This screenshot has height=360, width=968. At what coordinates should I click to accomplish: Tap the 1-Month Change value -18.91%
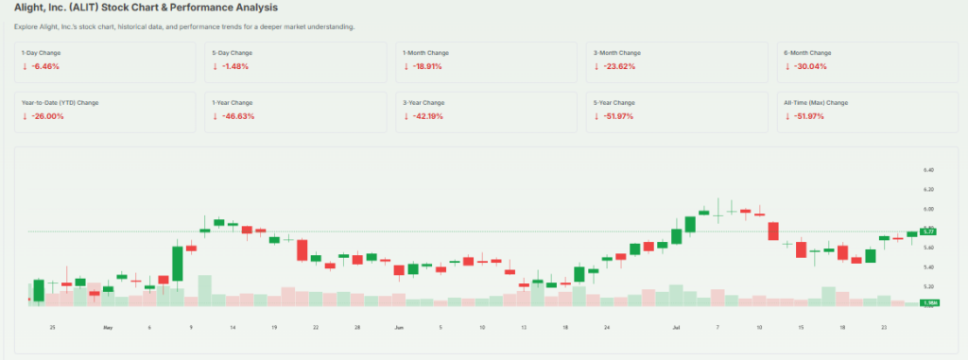pos(425,67)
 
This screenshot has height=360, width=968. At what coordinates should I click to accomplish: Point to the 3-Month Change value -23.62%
pos(616,67)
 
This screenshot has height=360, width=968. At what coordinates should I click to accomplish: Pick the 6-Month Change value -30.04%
pos(807,67)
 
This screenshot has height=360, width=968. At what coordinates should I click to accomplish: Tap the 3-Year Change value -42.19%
pos(425,116)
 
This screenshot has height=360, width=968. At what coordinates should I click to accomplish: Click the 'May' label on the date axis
pos(108,327)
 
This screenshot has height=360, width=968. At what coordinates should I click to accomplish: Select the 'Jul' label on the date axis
pos(676,327)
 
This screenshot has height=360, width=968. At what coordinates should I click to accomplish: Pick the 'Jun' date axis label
pos(398,327)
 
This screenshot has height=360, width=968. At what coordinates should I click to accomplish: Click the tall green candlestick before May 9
pos(177,265)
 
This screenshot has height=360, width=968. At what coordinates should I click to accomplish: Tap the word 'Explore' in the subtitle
pos(27,26)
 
